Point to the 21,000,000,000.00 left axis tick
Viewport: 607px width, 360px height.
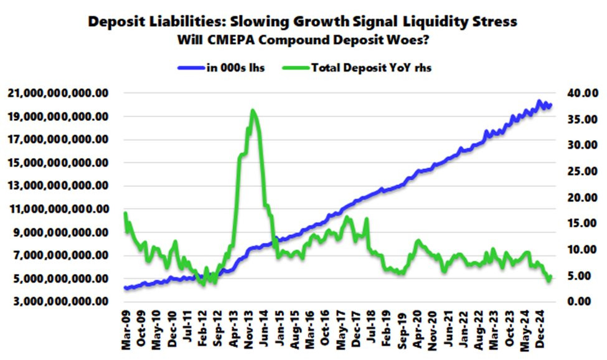pos(59,93)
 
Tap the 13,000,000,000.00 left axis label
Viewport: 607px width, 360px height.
pos(59,186)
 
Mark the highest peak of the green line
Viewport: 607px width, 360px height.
pos(252,111)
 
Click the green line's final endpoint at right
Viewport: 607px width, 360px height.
pos(550,277)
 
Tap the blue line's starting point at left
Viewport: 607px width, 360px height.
pos(125,288)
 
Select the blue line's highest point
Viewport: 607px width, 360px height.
pos(539,102)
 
